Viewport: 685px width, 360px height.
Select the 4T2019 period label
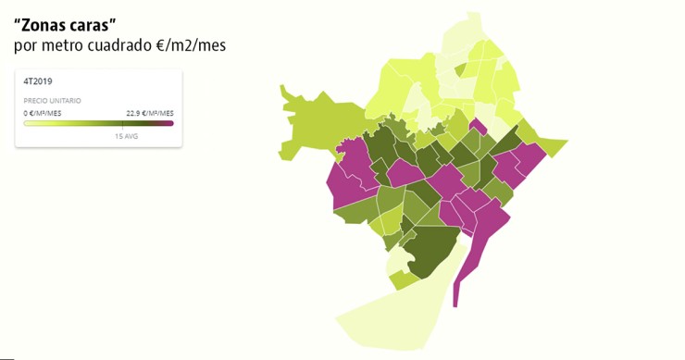click(38, 81)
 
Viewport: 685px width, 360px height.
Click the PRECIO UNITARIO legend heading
click(52, 100)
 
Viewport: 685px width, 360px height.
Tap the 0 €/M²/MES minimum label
click(43, 113)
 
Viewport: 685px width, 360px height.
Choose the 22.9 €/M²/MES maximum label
click(150, 113)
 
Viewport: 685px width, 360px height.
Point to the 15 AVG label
click(126, 135)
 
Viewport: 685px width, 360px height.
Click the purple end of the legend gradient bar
click(169, 123)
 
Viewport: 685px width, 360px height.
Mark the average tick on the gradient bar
click(122, 123)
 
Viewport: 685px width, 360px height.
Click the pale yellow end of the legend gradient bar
click(28, 123)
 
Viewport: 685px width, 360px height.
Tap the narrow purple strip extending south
click(462, 268)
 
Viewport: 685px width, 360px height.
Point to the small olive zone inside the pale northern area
click(460, 69)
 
